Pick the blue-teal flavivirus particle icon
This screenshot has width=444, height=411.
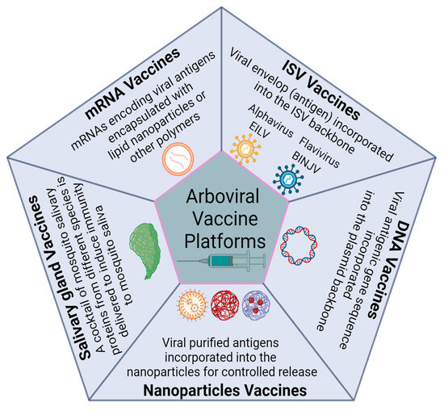pyautogui.click(x=284, y=178)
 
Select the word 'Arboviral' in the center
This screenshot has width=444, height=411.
pyautogui.click(x=222, y=195)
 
